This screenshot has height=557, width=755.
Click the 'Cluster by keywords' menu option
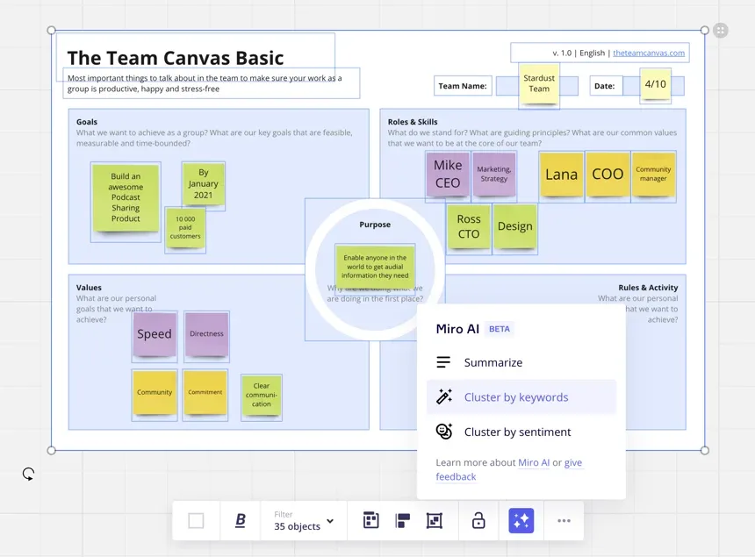[516, 397]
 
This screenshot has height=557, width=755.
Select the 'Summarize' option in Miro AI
[493, 362]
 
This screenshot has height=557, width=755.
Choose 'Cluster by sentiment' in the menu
[517, 432]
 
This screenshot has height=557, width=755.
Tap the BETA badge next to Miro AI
[499, 329]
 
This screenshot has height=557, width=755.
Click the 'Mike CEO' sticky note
[448, 174]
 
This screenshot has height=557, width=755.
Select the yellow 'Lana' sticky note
[561, 174]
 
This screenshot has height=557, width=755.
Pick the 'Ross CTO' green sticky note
[469, 226]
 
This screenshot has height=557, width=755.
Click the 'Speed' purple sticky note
[155, 334]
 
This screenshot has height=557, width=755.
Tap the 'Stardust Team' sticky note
[539, 83]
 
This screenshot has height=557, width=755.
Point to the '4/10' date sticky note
[655, 84]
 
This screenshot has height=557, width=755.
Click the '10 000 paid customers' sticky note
[185, 227]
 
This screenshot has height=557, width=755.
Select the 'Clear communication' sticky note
[262, 395]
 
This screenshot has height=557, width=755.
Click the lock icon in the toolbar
[478, 521]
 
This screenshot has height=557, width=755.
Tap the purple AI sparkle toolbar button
[521, 521]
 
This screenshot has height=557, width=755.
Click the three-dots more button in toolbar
[564, 521]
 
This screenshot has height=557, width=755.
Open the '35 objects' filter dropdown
[304, 521]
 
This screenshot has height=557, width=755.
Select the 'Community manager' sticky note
[653, 174]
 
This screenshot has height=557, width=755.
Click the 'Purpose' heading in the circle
[375, 225]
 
